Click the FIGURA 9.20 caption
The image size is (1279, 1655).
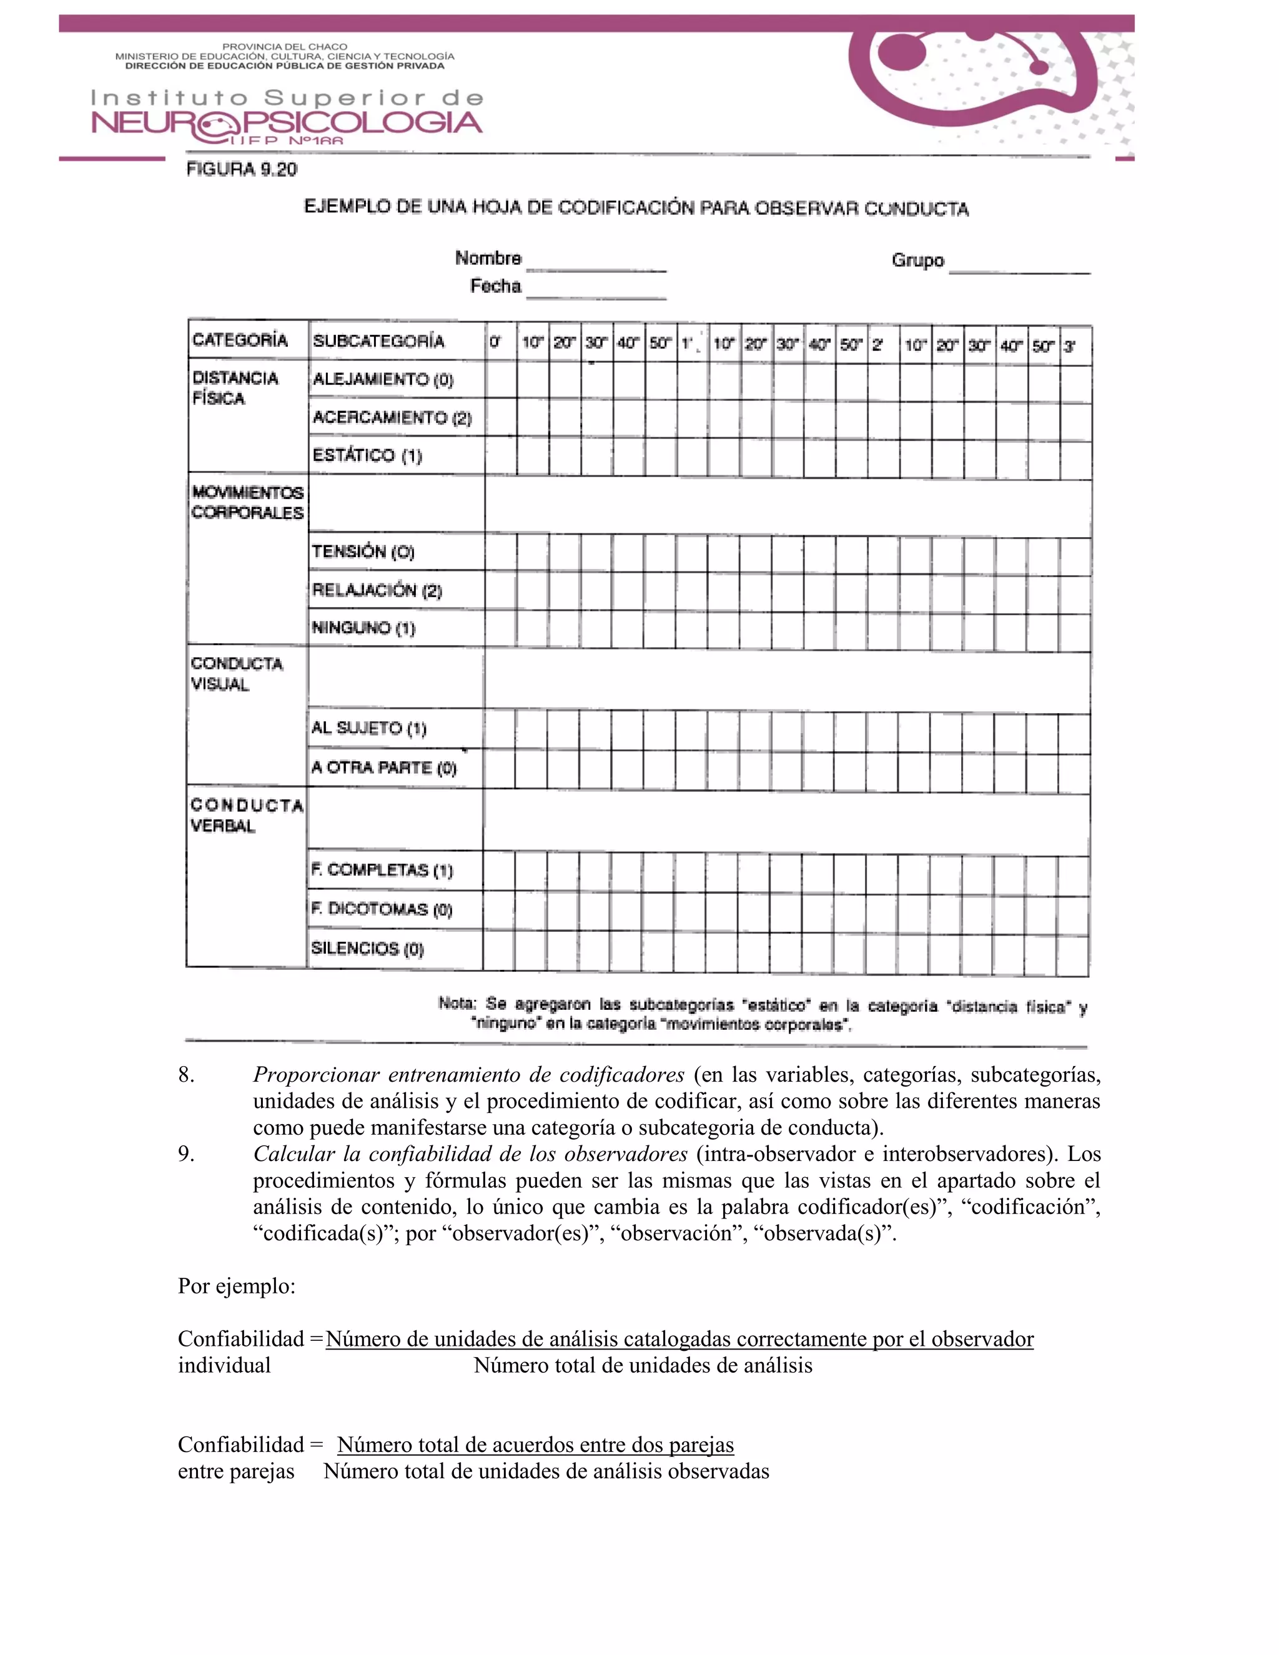pos(242,170)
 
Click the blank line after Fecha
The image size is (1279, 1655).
pos(596,292)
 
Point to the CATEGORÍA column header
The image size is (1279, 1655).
pos(240,340)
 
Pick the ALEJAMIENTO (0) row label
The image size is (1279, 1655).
pos(383,380)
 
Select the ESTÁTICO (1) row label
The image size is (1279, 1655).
pos(367,455)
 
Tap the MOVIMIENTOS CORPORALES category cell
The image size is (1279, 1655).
pos(247,502)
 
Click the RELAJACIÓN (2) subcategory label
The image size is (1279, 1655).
pos(377,590)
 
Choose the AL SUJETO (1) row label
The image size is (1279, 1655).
pos(368,728)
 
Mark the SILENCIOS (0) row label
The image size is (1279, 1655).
pos(367,948)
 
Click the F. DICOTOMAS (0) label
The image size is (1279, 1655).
pos(381,909)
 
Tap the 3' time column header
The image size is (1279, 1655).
pos(1069,347)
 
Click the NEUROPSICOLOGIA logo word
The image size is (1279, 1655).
pos(287,124)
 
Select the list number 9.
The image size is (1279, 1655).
pos(185,1154)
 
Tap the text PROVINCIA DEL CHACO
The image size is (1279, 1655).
pos(284,46)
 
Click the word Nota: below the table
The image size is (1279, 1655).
pos(457,1004)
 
